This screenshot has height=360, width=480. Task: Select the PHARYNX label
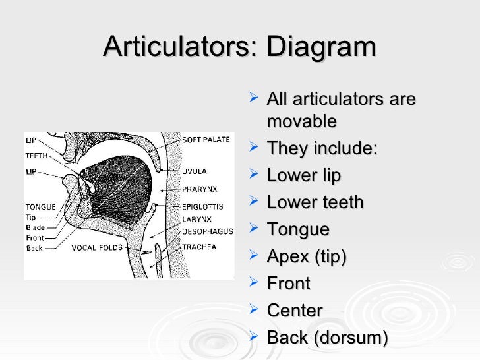coord(197,188)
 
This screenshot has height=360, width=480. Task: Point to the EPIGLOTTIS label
coord(202,206)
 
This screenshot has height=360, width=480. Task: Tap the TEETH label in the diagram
coord(36,156)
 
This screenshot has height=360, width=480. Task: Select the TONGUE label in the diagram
coord(40,207)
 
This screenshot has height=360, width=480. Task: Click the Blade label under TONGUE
coord(35,227)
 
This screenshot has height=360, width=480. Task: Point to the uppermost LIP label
coord(31,140)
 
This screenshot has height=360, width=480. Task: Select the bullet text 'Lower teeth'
coord(315,202)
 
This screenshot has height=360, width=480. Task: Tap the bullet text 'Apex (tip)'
coord(305,256)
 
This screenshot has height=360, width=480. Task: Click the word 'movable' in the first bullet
coord(301,121)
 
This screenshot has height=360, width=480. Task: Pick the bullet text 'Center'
coord(294,310)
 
